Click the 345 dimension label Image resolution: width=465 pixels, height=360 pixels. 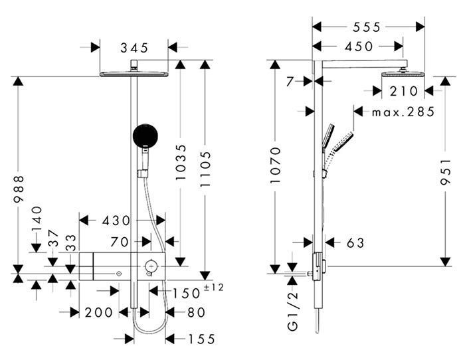tap(134, 48)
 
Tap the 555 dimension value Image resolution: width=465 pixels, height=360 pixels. tap(366, 27)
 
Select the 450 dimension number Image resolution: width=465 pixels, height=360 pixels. tap(359, 46)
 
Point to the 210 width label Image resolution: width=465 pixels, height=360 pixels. tap(404, 92)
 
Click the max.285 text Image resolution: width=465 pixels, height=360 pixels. tap(403, 112)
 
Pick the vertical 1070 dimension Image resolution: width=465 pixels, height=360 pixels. tap(276, 165)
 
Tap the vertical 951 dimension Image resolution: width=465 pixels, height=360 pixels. tap(445, 172)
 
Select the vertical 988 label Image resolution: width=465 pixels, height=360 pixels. tap(19, 189)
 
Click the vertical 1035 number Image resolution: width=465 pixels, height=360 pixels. tap(180, 162)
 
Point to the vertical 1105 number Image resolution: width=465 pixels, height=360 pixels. tap(205, 169)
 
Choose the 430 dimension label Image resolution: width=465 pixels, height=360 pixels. tap(116, 221)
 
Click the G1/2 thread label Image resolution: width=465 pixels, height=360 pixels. tap(293, 311)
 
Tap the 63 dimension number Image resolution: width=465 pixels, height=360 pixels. tap(355, 243)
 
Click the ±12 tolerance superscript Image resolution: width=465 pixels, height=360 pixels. tap(214, 288)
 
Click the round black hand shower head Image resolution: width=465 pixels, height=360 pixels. tap(145, 136)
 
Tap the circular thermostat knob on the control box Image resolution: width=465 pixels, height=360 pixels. tap(151, 266)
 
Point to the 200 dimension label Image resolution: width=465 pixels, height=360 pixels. tap(99, 313)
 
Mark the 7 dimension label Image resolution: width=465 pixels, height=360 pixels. tap(290, 82)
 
